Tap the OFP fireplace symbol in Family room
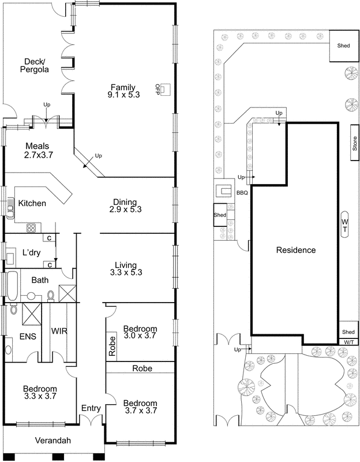165,89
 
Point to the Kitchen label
32,203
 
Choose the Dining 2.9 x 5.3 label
125,206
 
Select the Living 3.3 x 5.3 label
125,268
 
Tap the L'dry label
30,252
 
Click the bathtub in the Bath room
13,284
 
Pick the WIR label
60,332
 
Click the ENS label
28,336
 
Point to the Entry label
91,408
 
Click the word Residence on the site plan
295,250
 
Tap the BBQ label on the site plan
242,193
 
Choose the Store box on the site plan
355,144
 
